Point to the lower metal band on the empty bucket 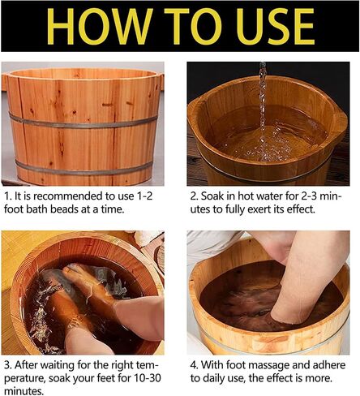coord(84,170)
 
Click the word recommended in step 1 coord(70,196)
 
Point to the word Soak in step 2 coord(212,196)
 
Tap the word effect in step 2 coord(301,209)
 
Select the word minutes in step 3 coord(24,391)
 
